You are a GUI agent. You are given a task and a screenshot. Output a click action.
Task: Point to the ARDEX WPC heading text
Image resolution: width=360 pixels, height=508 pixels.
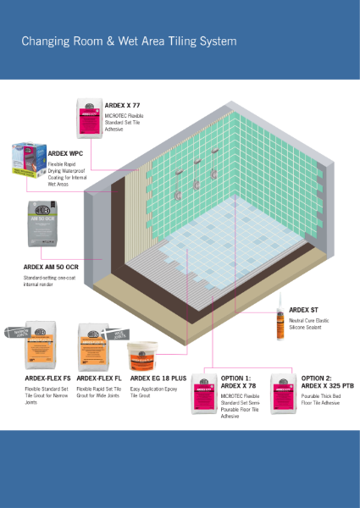pyautogui.click(x=69, y=152)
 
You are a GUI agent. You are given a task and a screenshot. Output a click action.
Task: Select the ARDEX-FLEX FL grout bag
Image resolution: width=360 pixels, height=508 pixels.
pyautogui.click(x=94, y=345)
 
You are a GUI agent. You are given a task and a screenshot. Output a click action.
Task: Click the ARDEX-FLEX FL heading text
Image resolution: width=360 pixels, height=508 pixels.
pyautogui.click(x=98, y=379)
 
